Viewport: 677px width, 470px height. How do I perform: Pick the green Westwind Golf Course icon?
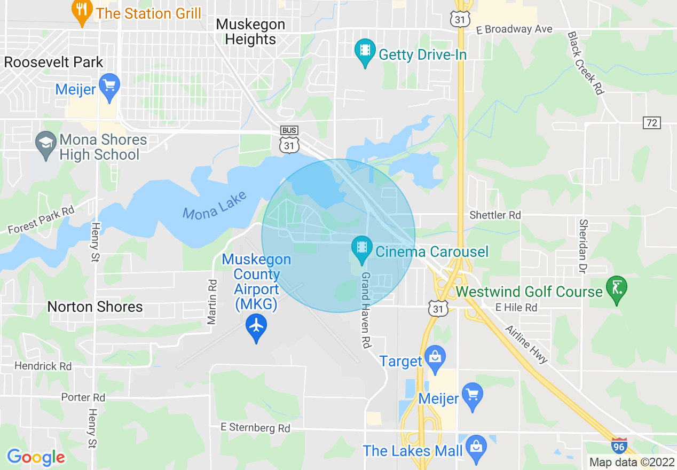point(617,289)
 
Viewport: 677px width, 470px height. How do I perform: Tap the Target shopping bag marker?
point(435,360)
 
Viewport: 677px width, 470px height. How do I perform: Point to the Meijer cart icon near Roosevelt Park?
point(110,86)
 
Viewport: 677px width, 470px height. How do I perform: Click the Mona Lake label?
point(215,205)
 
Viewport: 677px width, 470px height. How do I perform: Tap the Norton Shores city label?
point(95,307)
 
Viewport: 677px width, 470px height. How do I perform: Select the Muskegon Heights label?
point(251,32)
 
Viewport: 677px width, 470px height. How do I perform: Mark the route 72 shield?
point(652,123)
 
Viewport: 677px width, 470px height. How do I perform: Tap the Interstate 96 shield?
point(619,445)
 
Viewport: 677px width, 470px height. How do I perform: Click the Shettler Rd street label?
point(495,215)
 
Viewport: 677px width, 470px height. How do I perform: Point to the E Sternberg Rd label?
point(256,428)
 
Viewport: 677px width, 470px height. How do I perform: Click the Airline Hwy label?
point(526,344)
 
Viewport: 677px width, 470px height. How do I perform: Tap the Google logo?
point(36,457)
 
